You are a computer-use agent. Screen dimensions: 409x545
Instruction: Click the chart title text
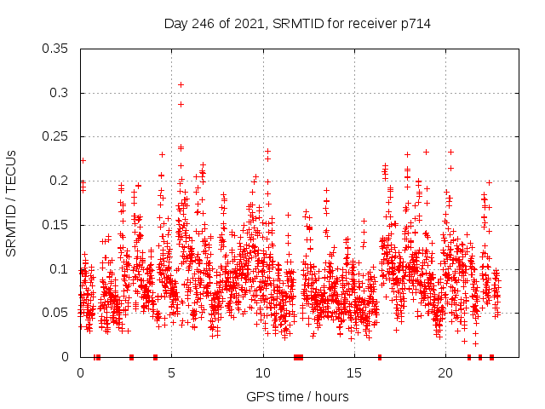(297, 24)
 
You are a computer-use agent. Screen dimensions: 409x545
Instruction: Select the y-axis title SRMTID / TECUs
(12, 203)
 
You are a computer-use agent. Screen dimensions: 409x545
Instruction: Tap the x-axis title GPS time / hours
(297, 396)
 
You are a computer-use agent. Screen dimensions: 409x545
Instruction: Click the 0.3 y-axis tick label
(59, 93)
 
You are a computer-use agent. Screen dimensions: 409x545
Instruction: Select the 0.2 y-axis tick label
(59, 181)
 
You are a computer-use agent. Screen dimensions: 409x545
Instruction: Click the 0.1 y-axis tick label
(59, 269)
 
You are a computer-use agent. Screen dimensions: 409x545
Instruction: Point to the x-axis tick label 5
(172, 373)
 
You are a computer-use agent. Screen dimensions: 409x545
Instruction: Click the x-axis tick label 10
(263, 373)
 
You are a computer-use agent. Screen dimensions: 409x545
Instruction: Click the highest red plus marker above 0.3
(181, 84)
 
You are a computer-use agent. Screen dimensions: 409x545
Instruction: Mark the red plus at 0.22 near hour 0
(83, 160)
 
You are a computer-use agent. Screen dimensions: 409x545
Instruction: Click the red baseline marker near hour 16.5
(380, 356)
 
